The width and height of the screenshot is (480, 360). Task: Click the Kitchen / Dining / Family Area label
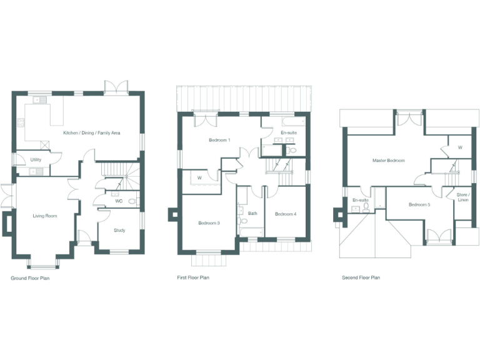click(91, 133)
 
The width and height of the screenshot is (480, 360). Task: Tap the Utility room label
click(36, 160)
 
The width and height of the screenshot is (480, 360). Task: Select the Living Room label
click(45, 216)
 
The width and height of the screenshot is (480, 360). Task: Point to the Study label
click(119, 231)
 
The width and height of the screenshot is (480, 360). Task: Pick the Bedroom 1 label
click(219, 140)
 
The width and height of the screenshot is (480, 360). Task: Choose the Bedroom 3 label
click(209, 223)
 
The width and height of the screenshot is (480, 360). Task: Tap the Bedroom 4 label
click(285, 214)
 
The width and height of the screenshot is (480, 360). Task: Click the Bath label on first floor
click(252, 214)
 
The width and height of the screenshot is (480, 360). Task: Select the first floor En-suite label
click(289, 134)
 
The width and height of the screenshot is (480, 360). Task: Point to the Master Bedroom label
click(388, 161)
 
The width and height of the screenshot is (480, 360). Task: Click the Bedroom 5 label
click(419, 205)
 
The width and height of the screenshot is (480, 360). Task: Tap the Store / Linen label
click(462, 197)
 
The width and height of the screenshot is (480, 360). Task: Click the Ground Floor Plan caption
click(30, 278)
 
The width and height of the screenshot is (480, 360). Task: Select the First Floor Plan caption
click(193, 277)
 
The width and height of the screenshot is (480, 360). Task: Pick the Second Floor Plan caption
click(361, 277)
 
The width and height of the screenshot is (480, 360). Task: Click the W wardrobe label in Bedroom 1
click(199, 177)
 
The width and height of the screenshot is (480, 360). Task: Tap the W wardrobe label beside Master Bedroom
click(459, 148)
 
